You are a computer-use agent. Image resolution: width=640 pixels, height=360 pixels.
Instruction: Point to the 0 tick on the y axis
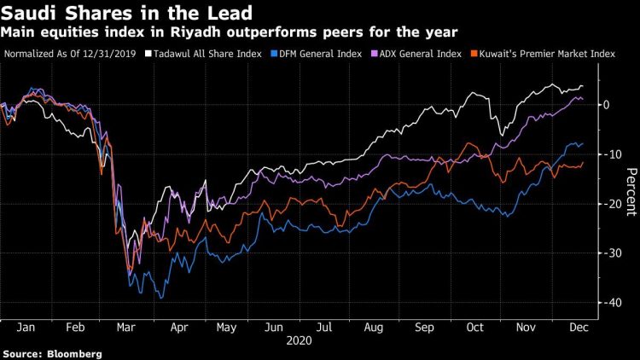pos(606,105)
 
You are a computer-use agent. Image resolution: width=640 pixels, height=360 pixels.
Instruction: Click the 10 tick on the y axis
pos(608,154)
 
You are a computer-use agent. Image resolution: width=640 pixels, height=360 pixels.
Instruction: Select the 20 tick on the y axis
pos(608,204)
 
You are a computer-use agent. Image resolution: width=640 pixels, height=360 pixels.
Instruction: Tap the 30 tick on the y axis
pos(608,253)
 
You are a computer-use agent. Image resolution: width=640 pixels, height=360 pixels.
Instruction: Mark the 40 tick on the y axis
pos(608,303)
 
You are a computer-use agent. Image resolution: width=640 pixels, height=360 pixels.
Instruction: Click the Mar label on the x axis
pos(125,327)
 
